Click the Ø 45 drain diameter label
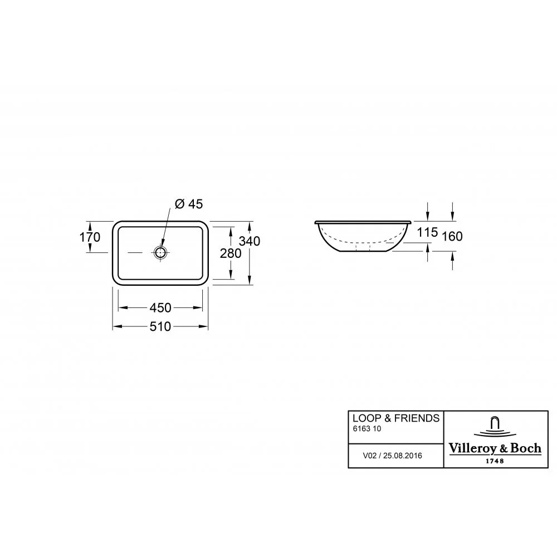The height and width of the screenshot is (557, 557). click(189, 204)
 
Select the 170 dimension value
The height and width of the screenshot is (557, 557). click(90, 237)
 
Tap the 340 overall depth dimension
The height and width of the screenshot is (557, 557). click(250, 241)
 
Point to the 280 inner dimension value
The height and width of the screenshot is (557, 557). click(231, 253)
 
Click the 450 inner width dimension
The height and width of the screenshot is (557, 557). click(160, 307)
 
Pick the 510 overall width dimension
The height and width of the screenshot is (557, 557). click(160, 326)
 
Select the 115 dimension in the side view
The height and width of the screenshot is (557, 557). click(427, 232)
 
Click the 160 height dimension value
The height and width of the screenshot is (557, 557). click(452, 236)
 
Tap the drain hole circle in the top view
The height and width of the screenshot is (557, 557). click(160, 252)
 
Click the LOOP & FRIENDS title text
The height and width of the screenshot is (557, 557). click(395, 418)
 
